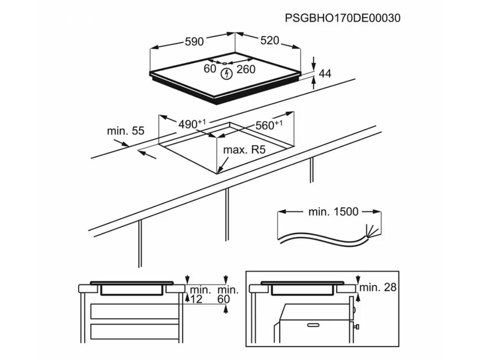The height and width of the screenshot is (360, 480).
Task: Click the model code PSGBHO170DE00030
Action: [x=343, y=18]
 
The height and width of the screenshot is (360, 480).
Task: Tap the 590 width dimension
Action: [x=194, y=41]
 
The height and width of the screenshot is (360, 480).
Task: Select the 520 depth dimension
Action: [x=270, y=41]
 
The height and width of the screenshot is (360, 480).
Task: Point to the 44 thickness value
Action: [x=325, y=74]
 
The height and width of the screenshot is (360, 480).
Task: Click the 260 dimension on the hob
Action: [x=246, y=70]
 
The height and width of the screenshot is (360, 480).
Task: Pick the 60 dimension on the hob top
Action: [x=209, y=70]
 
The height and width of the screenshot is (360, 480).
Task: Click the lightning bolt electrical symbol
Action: [x=227, y=74]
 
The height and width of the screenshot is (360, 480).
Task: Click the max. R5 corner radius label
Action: [x=244, y=150]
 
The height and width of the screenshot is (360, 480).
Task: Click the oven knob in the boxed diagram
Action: [x=356, y=327]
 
